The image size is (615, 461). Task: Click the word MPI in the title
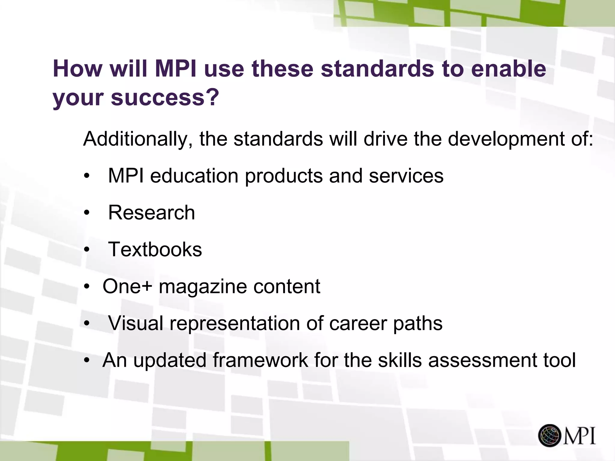tap(175, 69)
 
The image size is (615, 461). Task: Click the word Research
tap(152, 212)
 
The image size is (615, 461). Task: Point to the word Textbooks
tap(155, 249)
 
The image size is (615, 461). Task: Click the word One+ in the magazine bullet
tap(127, 286)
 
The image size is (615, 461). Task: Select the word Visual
tap(136, 323)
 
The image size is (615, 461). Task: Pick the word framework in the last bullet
tap(260, 360)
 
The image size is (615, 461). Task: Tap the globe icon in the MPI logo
tap(549, 435)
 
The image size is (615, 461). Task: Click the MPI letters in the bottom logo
tap(579, 435)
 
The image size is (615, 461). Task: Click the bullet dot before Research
tap(87, 213)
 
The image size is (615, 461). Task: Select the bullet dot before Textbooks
tap(87, 250)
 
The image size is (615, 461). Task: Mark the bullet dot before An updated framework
tap(87, 360)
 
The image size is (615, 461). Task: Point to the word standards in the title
tap(377, 69)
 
